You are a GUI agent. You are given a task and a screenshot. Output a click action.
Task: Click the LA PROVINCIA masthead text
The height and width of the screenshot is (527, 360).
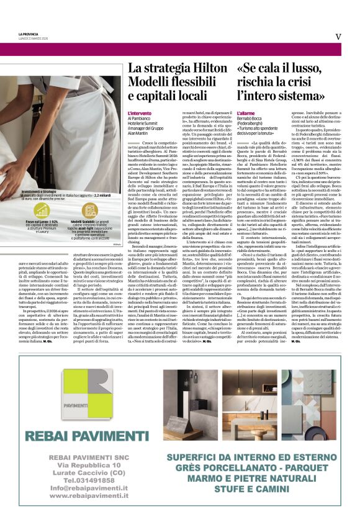[29, 33]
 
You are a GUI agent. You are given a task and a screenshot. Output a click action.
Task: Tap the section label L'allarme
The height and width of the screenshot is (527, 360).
[248, 114]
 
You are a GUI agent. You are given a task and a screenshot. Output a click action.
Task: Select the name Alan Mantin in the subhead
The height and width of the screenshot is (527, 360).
[138, 133]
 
